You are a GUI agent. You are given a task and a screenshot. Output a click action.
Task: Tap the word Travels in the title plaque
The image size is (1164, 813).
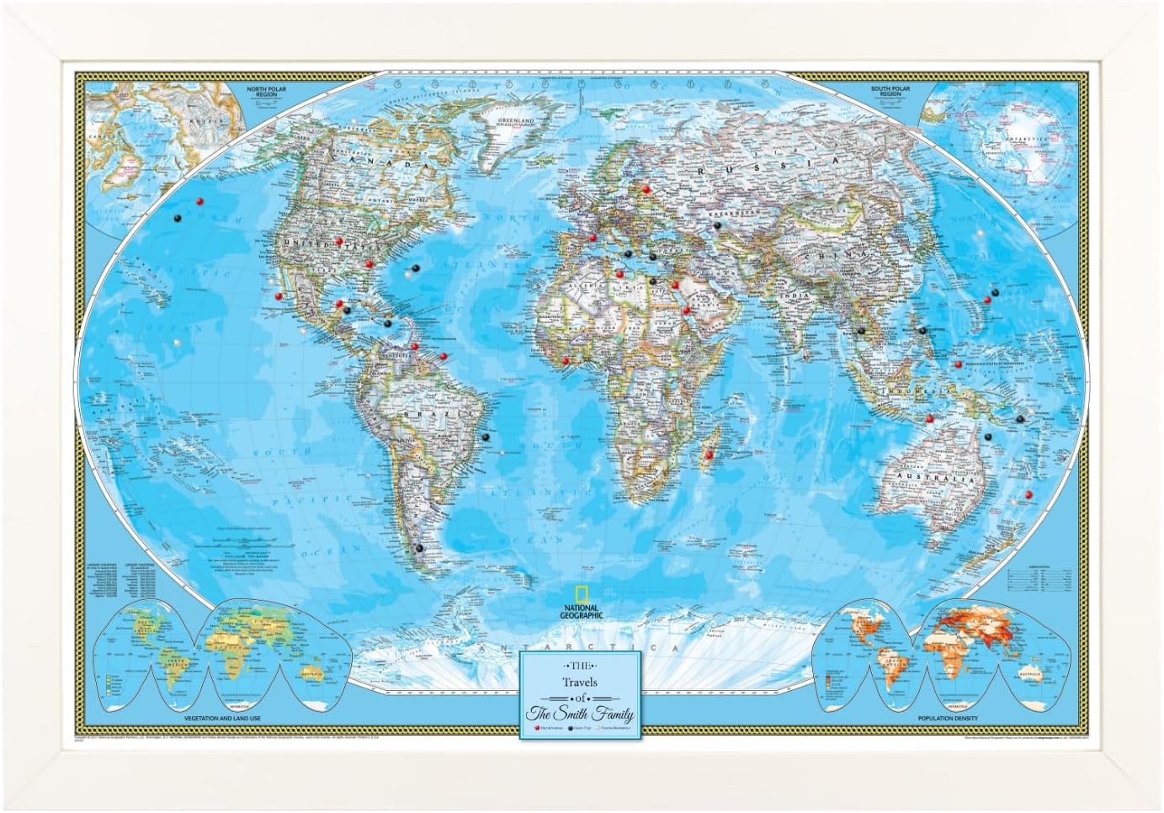pos(577,682)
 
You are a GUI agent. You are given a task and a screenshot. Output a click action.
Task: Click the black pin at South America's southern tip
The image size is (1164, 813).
pos(418,548)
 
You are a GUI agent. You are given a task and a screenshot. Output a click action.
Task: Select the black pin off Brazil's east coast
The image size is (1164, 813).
pos(485,437)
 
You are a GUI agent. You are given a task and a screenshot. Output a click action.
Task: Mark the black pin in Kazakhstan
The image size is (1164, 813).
pos(716,226)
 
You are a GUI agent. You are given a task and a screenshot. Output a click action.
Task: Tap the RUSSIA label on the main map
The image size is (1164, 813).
pos(800,162)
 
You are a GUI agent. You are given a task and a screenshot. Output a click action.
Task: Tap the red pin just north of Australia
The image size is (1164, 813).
pos(929,418)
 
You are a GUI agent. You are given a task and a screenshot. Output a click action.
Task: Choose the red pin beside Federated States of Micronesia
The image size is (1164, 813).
pos(958,364)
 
